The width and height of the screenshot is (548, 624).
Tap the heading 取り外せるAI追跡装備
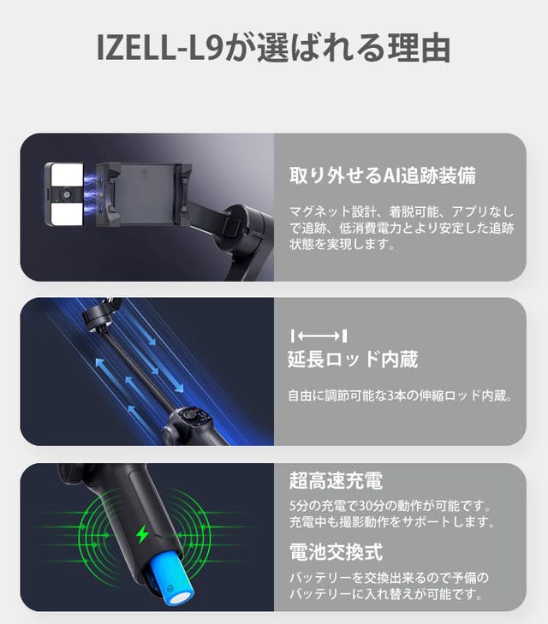point(381,175)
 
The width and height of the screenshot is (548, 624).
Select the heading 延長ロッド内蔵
point(353,360)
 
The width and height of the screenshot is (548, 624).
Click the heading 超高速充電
point(323,479)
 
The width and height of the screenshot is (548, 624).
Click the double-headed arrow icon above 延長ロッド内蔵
point(319,335)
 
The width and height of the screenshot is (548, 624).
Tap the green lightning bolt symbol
point(142,536)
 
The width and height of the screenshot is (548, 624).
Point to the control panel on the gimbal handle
point(192,420)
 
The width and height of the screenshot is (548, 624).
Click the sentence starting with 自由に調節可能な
point(400,396)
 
